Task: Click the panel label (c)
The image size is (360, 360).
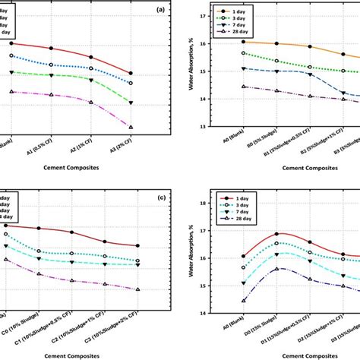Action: (160, 199)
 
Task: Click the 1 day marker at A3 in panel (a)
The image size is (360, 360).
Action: (131, 73)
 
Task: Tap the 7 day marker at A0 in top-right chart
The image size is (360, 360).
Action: (244, 68)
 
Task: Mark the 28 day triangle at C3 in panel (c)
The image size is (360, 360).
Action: (137, 289)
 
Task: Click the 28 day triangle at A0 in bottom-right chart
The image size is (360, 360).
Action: (244, 301)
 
